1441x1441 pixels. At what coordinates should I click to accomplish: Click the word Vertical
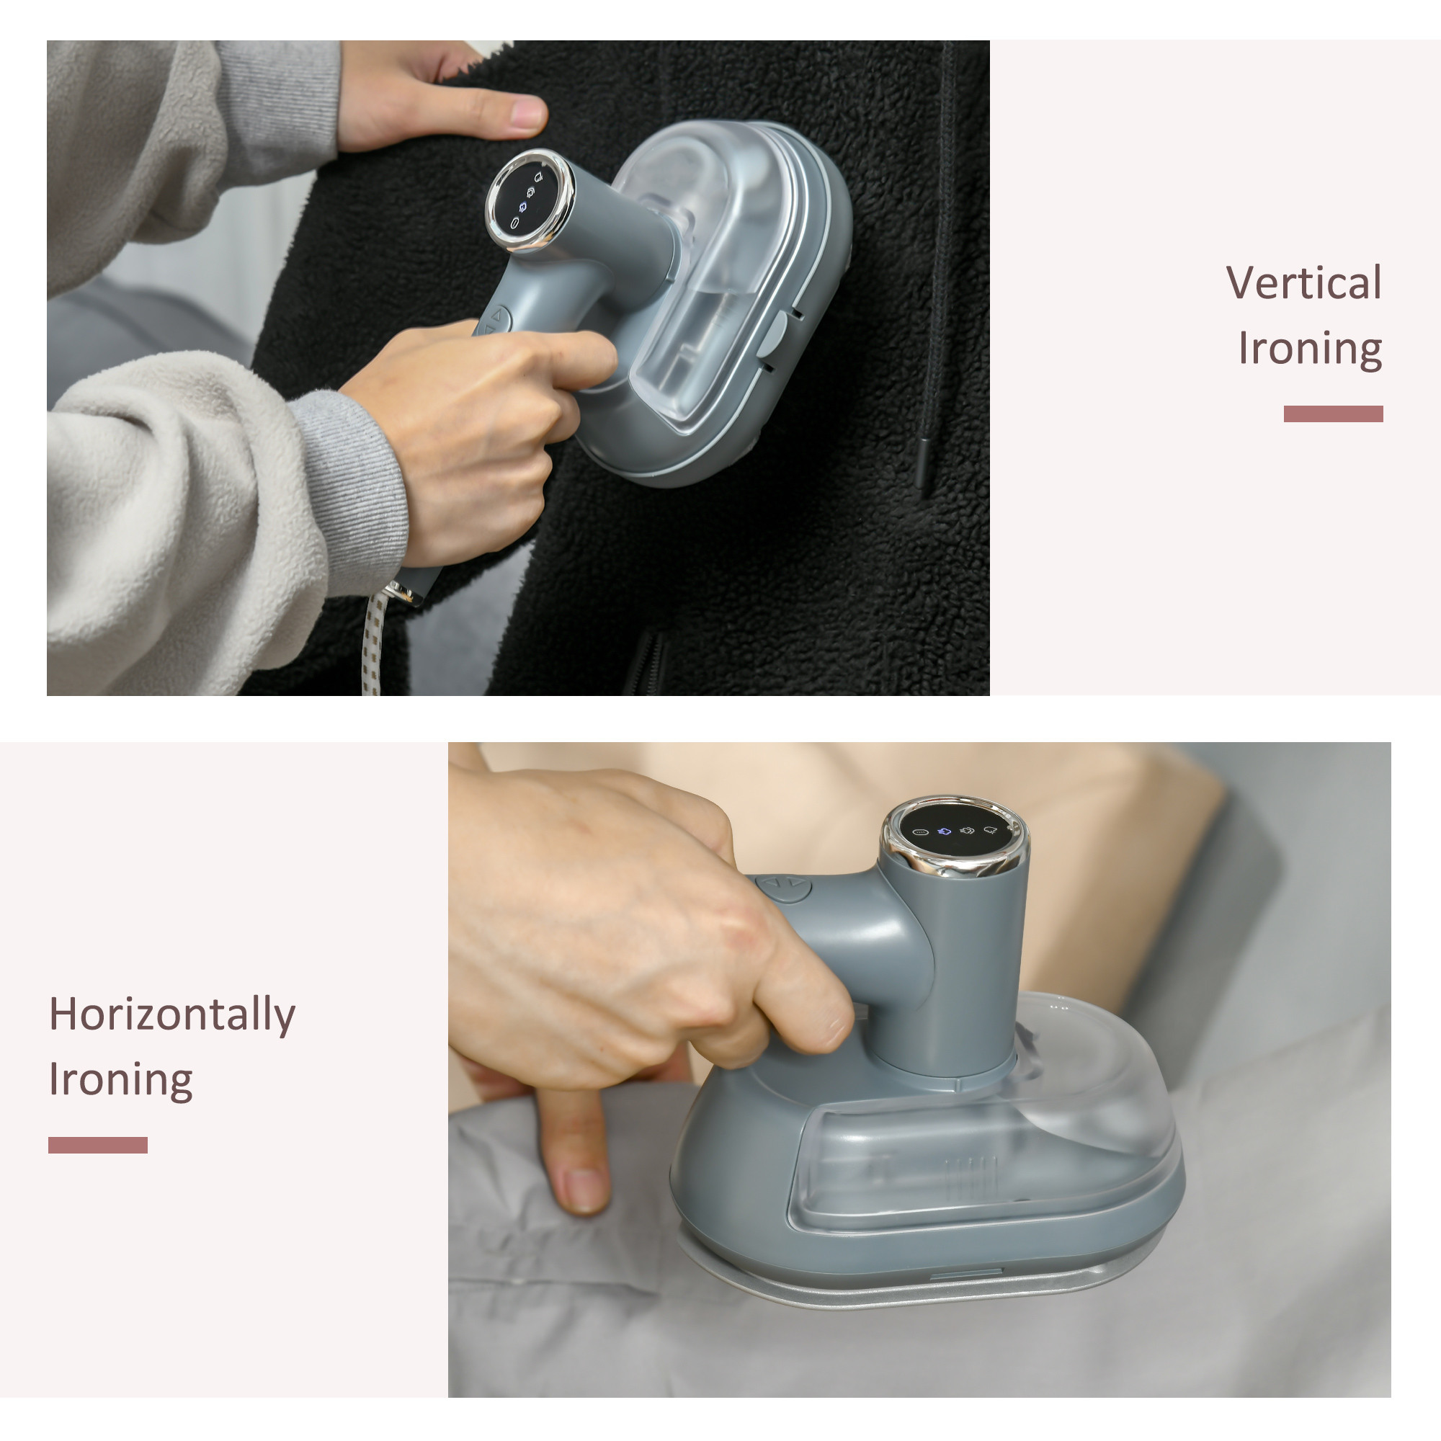[1304, 282]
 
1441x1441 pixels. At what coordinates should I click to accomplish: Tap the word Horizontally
[172, 1015]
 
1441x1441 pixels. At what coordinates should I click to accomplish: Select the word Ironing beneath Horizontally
[121, 1079]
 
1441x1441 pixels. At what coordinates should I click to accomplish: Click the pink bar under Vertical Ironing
[1333, 414]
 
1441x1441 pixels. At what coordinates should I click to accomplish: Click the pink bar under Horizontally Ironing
[98, 1145]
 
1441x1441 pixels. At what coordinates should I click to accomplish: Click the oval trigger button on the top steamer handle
[493, 321]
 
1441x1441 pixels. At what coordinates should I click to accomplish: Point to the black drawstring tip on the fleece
[925, 467]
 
